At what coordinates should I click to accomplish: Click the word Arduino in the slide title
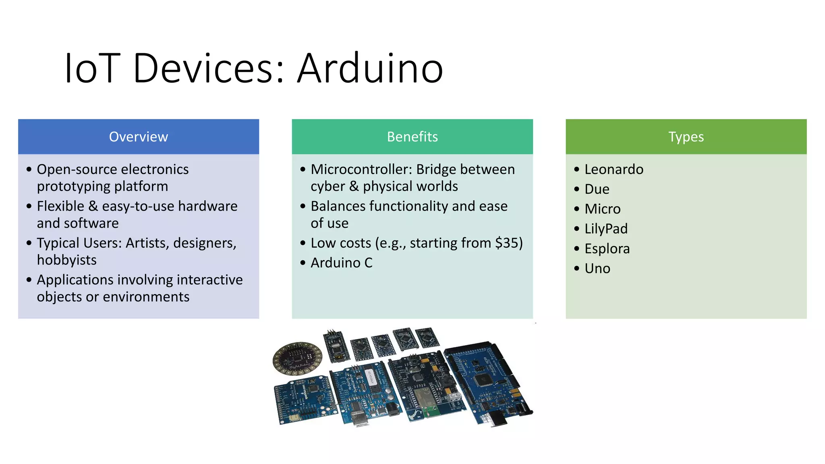tap(370, 68)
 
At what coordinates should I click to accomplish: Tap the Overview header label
tap(138, 137)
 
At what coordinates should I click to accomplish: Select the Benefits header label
tap(412, 137)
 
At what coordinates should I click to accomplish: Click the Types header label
tap(686, 137)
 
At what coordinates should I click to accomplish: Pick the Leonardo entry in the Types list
tap(614, 170)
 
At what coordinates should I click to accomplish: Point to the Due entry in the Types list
tap(597, 189)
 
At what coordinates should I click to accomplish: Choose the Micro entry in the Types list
tap(602, 209)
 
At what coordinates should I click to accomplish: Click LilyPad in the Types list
tap(606, 229)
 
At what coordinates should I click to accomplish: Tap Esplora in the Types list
tap(607, 249)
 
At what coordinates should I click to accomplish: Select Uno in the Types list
tap(597, 269)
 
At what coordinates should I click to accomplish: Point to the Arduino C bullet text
tap(341, 263)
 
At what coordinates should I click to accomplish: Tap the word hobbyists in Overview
tap(66, 260)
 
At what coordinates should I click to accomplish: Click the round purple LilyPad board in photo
tap(297, 358)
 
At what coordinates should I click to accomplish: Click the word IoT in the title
tap(92, 68)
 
